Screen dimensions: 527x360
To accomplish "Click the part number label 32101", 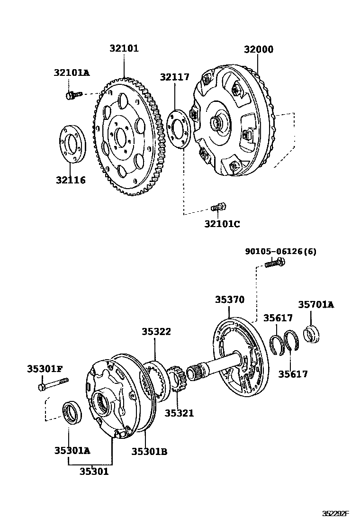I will [x=124, y=48].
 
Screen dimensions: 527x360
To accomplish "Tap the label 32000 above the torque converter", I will [x=259, y=49].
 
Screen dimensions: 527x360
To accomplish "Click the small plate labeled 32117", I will [x=180, y=128].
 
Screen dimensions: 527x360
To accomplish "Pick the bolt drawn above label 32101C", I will [x=218, y=207].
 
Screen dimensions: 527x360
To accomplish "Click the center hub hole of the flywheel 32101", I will [x=121, y=138].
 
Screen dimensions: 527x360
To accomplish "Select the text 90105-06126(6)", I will [x=280, y=251].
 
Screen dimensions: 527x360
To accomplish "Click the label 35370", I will [x=230, y=300].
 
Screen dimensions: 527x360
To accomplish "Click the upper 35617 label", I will [x=278, y=318].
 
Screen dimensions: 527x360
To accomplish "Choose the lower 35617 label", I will [x=293, y=374].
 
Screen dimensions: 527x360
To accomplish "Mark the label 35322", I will [x=156, y=332].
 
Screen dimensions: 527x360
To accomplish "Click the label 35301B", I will [x=149, y=451].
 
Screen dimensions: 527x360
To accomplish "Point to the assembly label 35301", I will [x=94, y=471].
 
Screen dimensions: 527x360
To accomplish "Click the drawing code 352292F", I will [x=336, y=513].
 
